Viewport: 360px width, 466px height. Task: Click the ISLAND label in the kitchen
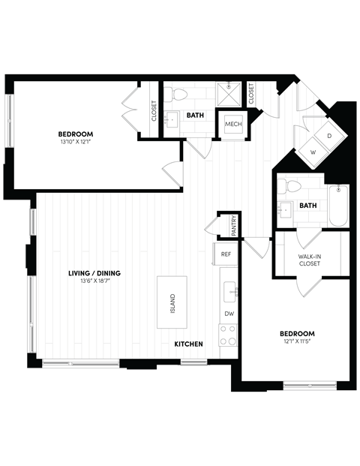172,302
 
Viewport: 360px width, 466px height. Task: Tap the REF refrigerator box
226,254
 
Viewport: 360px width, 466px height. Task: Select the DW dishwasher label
227,314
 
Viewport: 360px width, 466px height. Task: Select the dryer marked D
329,136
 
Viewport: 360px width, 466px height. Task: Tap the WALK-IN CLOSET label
309,260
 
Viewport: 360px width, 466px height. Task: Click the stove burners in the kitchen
227,335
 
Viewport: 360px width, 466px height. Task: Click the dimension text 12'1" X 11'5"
296,342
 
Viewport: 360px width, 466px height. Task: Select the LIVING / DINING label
94,273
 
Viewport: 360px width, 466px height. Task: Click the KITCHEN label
188,344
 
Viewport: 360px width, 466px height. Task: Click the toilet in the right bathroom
293,186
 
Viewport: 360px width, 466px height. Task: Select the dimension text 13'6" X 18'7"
94,282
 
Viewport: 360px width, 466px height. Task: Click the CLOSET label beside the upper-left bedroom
154,111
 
